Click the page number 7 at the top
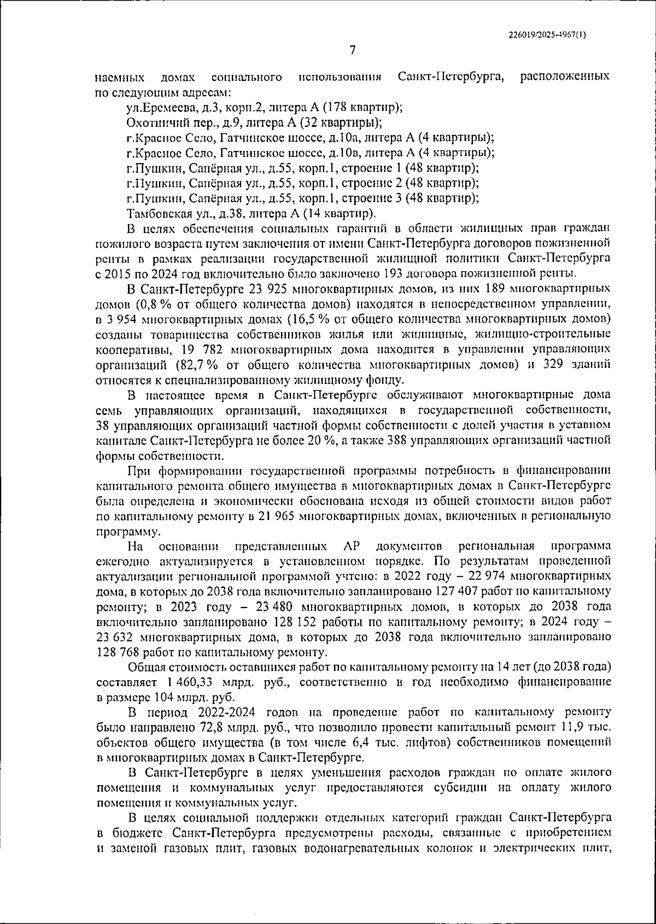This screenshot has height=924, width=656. (x=353, y=50)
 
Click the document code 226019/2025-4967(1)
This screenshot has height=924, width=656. (x=547, y=34)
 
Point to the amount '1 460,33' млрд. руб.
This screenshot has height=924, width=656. (x=183, y=682)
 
